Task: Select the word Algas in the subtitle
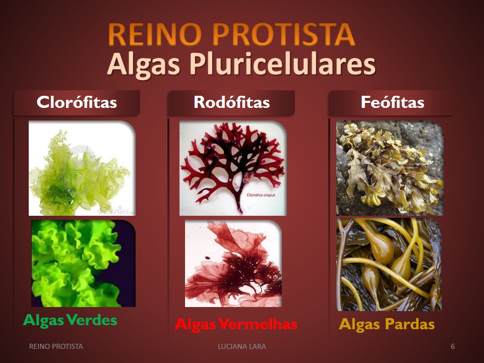(144, 65)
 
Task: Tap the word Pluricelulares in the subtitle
(282, 65)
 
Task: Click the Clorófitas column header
(77, 102)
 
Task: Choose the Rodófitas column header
(231, 102)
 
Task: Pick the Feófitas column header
(392, 102)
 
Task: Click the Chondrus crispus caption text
(261, 195)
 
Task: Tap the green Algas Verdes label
(70, 320)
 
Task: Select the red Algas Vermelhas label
(236, 324)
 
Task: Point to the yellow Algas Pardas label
(387, 324)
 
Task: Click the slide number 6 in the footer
(453, 346)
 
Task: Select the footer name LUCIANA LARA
(242, 346)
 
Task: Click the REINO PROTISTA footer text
(56, 346)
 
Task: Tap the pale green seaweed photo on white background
(82, 168)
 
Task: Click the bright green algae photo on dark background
(83, 263)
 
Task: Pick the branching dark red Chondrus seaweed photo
(233, 168)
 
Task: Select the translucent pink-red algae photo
(233, 263)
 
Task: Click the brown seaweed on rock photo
(390, 168)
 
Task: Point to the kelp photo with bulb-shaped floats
(389, 265)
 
